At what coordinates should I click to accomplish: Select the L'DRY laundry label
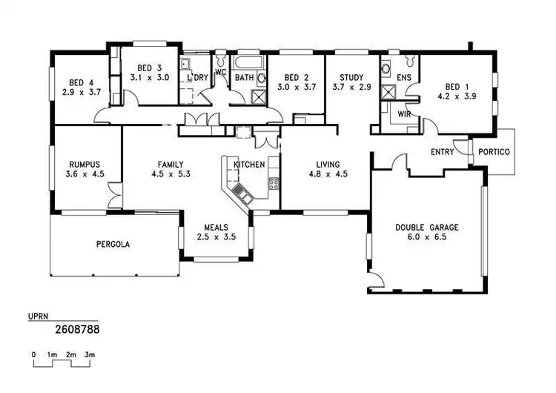[198, 77]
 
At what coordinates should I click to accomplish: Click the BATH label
[245, 77]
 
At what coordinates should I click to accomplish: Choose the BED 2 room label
[296, 77]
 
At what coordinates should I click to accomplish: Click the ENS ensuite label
[404, 77]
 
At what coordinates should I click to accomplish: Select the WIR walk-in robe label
[404, 114]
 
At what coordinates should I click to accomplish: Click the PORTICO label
[494, 152]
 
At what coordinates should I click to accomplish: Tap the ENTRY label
[443, 152]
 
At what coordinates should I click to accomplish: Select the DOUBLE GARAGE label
[426, 228]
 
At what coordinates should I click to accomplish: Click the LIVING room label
[327, 165]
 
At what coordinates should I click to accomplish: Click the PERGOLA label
[113, 243]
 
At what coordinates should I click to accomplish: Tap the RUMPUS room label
[84, 165]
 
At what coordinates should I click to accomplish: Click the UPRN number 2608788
[78, 327]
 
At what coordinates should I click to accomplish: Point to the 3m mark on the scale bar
[90, 355]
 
